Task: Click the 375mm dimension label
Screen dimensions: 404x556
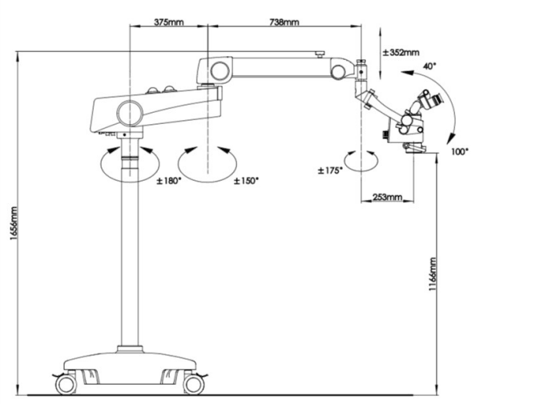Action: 168,22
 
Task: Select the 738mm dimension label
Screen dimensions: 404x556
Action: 285,22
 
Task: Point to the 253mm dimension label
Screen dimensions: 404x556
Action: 388,197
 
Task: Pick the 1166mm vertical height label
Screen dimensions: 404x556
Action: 433,277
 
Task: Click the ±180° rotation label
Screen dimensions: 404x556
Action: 168,181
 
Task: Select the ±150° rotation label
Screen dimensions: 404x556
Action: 246,181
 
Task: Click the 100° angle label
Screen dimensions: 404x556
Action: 459,151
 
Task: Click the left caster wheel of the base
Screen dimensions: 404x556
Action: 66,385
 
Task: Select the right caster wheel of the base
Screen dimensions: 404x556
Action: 193,385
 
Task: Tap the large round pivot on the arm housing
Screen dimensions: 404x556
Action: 128,110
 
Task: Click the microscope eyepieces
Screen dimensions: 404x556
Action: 433,101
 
